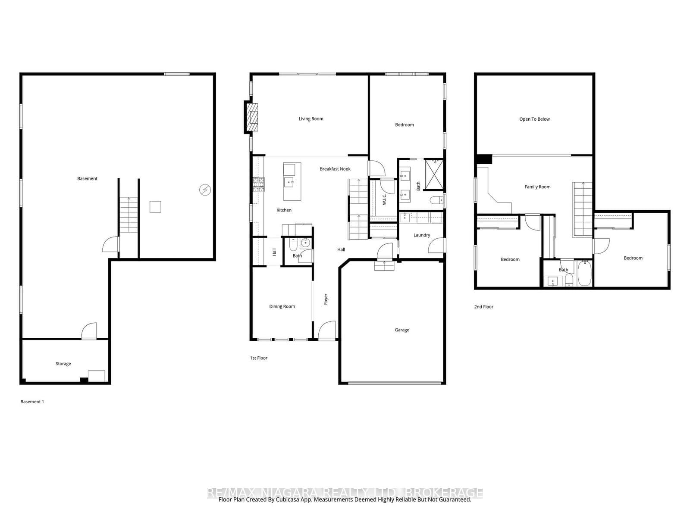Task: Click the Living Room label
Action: coord(311,119)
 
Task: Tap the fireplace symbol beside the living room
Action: coord(253,117)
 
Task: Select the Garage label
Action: coord(401,330)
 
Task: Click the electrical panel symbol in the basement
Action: coord(205,190)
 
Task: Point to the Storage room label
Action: coord(63,364)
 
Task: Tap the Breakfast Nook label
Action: coord(335,169)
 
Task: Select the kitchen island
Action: coord(292,181)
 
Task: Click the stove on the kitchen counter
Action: coord(259,184)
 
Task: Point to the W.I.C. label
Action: coord(384,199)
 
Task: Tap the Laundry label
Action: coord(421,235)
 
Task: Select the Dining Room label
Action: coord(282,307)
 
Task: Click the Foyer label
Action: coord(326,299)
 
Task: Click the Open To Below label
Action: coord(534,119)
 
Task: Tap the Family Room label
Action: coord(537,187)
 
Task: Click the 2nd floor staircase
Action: coord(582,209)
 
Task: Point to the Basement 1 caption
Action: coord(32,402)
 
